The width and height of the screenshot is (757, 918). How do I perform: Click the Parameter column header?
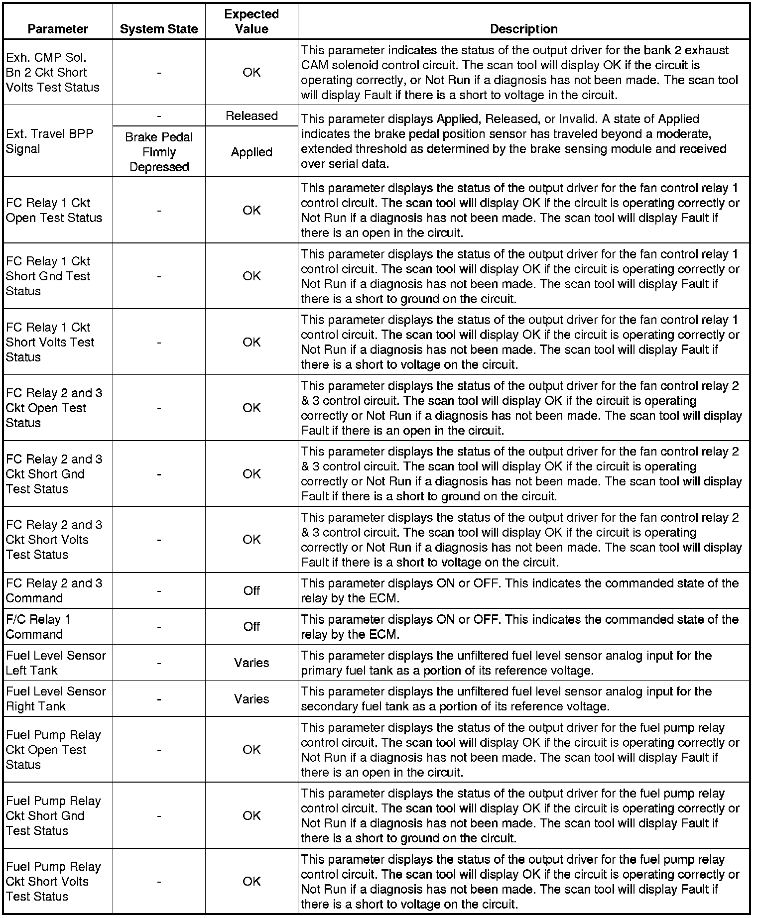(58, 29)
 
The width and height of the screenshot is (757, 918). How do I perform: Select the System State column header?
(159, 29)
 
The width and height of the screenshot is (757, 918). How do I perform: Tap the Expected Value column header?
(252, 21)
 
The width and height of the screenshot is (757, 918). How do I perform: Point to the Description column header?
(523, 29)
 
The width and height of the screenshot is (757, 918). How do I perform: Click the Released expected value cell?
(252, 116)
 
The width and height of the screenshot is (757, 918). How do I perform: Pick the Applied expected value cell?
(252, 152)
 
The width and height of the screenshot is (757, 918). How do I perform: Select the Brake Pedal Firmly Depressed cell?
(159, 152)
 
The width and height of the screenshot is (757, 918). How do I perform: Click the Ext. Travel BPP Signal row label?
(49, 141)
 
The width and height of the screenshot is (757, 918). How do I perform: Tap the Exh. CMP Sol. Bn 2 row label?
(52, 72)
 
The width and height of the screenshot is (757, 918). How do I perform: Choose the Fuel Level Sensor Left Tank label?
(56, 663)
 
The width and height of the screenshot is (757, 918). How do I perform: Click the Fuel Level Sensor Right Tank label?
(56, 698)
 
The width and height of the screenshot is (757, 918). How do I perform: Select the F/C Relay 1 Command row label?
(38, 627)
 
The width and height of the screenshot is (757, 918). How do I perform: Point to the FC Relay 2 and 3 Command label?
(54, 590)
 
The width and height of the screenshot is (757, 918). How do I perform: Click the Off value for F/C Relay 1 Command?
(252, 627)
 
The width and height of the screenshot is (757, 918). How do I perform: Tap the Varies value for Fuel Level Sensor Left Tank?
(252, 663)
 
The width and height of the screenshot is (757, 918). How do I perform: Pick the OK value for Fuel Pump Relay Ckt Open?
(252, 750)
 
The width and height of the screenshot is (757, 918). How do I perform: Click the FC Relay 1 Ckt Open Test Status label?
(54, 210)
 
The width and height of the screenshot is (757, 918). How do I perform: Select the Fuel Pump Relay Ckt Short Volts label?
(53, 882)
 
